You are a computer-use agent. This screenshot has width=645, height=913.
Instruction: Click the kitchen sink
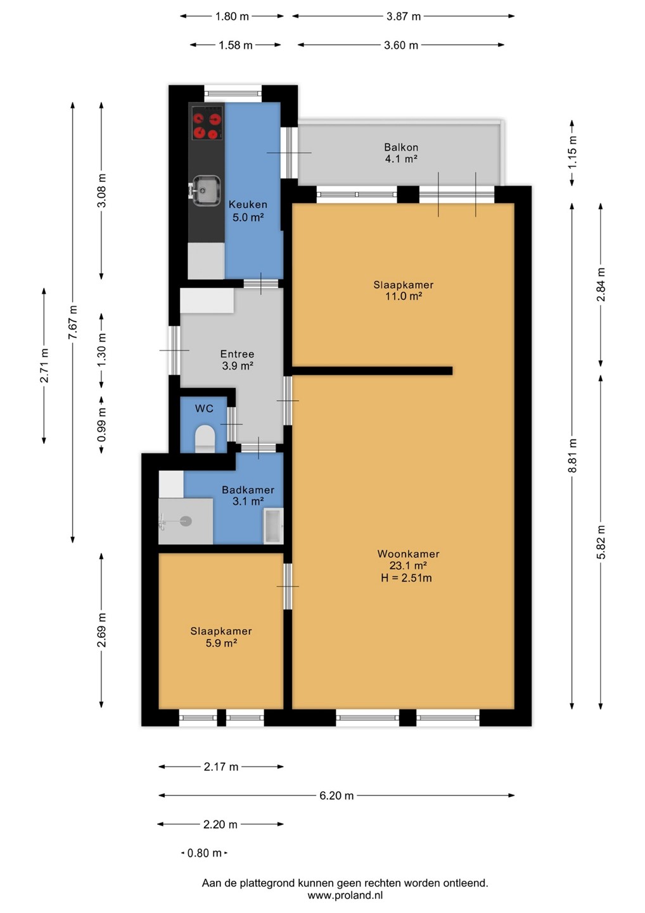pos(206,190)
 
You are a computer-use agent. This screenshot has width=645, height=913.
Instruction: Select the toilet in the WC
pos(205,439)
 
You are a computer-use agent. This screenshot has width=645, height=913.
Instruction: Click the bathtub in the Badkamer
pos(273,526)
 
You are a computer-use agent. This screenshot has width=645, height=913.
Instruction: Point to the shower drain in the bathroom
pos(186,521)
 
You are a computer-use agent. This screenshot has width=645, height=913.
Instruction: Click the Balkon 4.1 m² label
pos(401,153)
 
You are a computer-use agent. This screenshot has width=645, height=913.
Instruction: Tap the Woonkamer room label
pos(409,554)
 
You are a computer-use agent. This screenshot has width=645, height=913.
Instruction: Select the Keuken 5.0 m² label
pos(248,210)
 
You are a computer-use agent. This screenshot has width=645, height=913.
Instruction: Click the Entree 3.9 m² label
pos(238,359)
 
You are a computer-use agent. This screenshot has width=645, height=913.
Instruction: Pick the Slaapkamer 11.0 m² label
pos(403,290)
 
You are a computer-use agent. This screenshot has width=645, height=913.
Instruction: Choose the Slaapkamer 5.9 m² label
pos(221,637)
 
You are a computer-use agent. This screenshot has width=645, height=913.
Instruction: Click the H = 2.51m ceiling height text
pos(406,578)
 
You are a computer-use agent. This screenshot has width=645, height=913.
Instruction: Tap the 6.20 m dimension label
pos(336,795)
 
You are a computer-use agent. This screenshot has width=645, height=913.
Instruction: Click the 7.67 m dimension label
pos(73,322)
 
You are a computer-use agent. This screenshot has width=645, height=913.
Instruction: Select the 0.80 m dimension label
pos(205,853)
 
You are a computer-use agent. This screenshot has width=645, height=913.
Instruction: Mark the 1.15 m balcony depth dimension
pos(572,153)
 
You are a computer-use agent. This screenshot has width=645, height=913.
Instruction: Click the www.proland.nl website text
pos(345,895)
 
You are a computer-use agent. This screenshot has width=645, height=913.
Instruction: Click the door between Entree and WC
pos(231,424)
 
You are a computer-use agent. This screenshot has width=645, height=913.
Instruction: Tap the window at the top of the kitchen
pos(233,93)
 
